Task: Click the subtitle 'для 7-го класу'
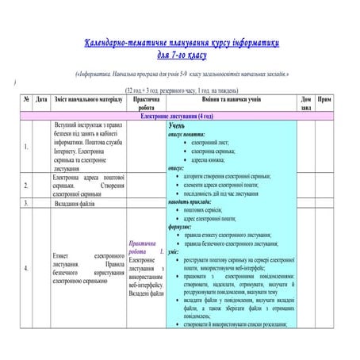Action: tap(182, 56)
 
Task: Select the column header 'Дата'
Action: tap(41, 101)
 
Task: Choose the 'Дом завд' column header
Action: tap(306, 105)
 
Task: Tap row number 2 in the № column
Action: tap(26, 186)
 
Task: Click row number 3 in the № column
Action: tap(26, 204)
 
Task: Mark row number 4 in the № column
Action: tap(26, 267)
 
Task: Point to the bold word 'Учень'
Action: tap(179, 125)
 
